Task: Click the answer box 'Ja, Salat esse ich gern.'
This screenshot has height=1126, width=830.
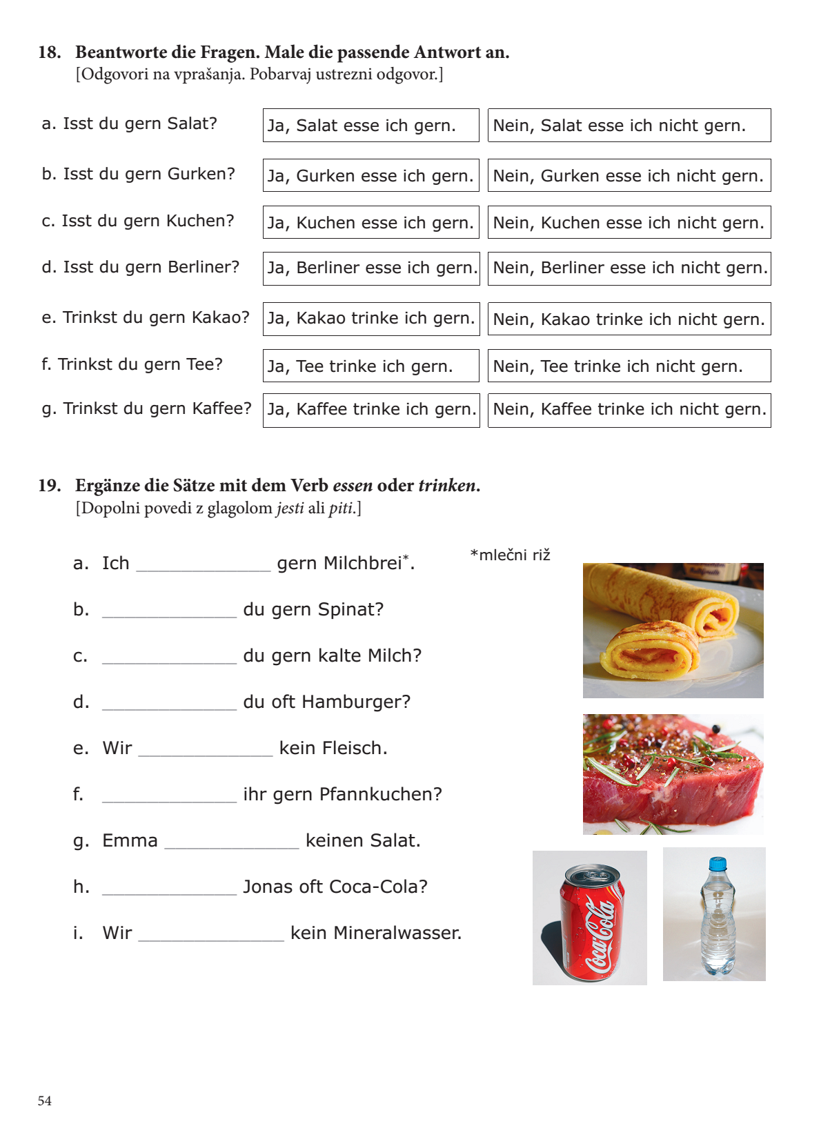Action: pos(370,126)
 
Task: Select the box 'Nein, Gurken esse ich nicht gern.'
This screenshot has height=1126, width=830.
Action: pos(629,176)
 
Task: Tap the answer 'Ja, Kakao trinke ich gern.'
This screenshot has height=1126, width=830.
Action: pos(370,319)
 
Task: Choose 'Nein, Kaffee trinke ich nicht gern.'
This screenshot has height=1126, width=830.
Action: pos(629,410)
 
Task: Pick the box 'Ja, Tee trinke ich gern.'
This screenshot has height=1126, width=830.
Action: pos(370,366)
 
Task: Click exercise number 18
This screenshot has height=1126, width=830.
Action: pos(49,52)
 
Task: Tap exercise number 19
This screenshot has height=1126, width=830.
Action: pos(49,486)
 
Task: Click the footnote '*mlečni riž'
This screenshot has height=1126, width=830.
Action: pos(510,555)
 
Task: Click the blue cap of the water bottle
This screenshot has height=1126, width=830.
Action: pos(718,863)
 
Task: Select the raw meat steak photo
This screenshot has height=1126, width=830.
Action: pos(673,774)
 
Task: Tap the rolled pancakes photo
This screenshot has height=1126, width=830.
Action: pos(673,630)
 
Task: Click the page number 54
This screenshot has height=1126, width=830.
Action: pos(45,1101)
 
